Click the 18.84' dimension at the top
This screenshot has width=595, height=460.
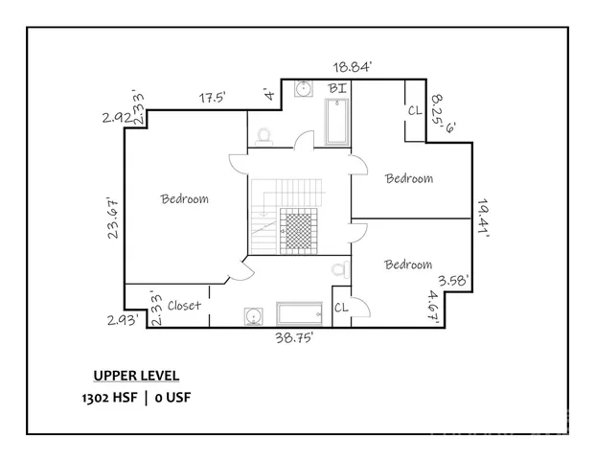[352, 67]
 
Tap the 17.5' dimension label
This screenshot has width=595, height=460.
[213, 98]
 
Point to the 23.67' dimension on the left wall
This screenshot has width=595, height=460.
[113, 218]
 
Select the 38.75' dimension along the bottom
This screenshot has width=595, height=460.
[294, 337]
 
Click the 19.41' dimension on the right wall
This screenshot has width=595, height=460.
[483, 218]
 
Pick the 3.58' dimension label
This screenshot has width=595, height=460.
[454, 281]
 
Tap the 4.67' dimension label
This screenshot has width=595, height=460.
[433, 307]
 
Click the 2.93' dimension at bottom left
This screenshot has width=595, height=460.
[122, 320]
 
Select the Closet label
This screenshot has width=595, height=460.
[184, 305]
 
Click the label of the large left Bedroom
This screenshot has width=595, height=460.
[184, 198]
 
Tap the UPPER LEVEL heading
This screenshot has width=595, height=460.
[136, 376]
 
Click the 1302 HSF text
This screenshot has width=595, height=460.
[109, 398]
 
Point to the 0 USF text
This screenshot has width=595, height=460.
[173, 398]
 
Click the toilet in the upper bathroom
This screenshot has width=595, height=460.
[263, 137]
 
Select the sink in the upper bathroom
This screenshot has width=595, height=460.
[304, 88]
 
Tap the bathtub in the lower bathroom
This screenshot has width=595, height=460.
[299, 314]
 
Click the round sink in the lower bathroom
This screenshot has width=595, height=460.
[253, 316]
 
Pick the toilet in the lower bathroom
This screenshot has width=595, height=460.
[340, 270]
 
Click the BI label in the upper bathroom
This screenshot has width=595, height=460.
[337, 88]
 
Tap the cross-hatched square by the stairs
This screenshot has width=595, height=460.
[298, 231]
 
